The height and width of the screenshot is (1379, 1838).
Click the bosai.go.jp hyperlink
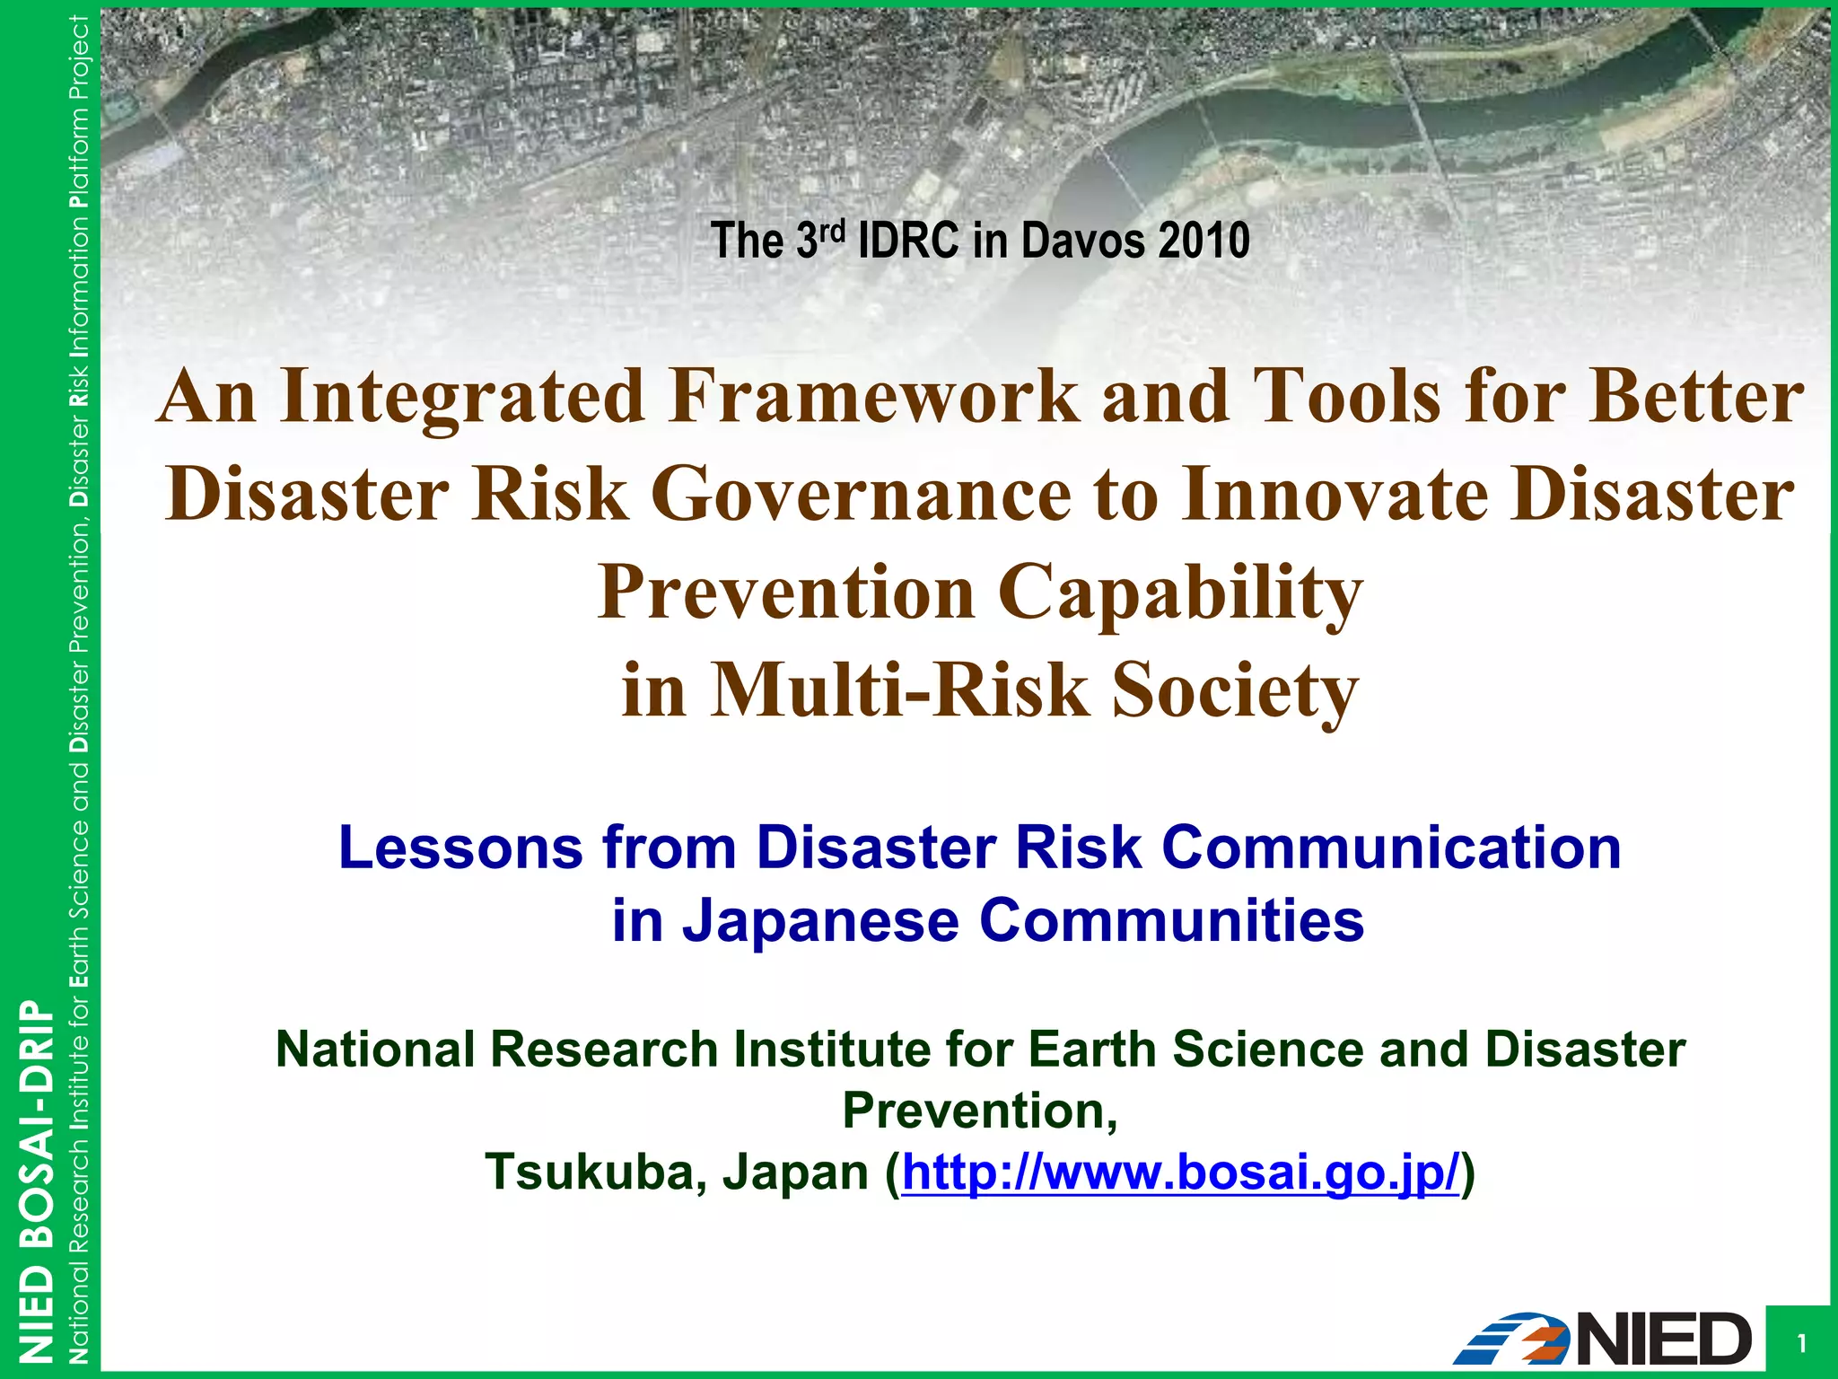[x=1180, y=1173]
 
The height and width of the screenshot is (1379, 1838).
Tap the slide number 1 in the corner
[x=1800, y=1344]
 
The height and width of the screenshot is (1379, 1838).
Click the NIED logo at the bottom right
[x=1602, y=1339]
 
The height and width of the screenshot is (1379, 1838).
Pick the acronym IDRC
[x=908, y=241]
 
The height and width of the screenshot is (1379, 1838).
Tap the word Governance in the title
[x=862, y=495]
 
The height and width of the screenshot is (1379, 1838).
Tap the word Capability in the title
[x=1180, y=593]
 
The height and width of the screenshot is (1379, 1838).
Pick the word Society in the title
[x=1236, y=691]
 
